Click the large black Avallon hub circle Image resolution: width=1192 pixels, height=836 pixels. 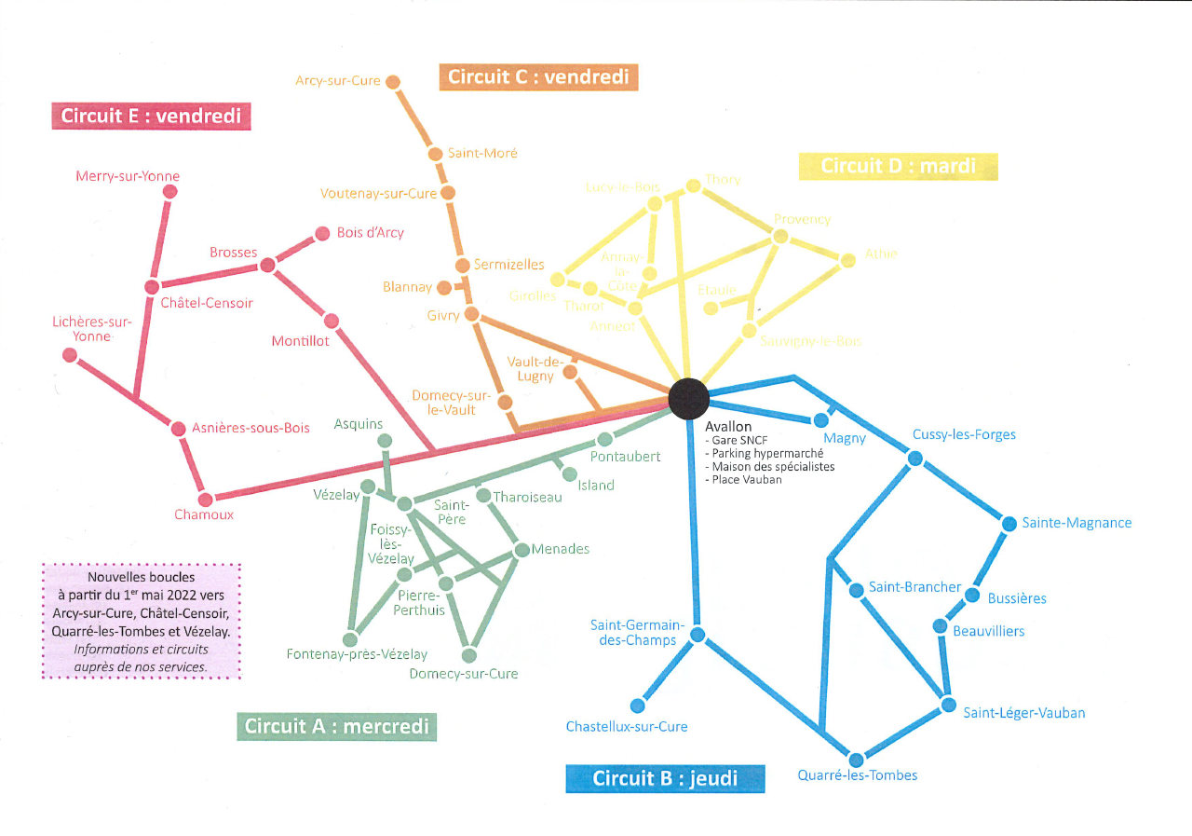point(688,398)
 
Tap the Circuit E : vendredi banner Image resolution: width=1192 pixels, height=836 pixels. point(151,116)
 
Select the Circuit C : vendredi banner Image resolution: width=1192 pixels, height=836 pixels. point(538,76)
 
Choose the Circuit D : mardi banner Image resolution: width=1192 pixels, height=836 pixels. point(899,166)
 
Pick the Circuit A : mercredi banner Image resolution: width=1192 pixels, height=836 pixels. point(337,726)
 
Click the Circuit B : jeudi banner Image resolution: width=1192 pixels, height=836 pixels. point(665,778)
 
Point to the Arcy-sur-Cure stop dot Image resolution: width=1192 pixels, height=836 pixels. point(393,82)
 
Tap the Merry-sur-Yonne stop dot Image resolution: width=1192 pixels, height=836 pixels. point(169,191)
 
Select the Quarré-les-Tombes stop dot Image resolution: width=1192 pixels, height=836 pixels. point(857,759)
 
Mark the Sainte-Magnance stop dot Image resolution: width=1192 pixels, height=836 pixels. point(1009,524)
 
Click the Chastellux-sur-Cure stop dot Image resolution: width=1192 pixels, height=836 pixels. point(638,706)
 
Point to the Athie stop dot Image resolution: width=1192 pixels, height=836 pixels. point(847,260)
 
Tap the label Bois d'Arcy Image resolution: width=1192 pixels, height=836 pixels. point(371,233)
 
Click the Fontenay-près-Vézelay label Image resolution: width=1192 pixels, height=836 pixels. point(357,654)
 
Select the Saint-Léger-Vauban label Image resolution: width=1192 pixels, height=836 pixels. point(1023,713)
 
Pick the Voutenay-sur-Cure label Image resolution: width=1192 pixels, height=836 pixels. point(378,194)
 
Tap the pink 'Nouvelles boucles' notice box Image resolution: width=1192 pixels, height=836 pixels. point(142,621)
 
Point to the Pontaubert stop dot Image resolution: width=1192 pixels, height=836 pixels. point(604,439)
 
